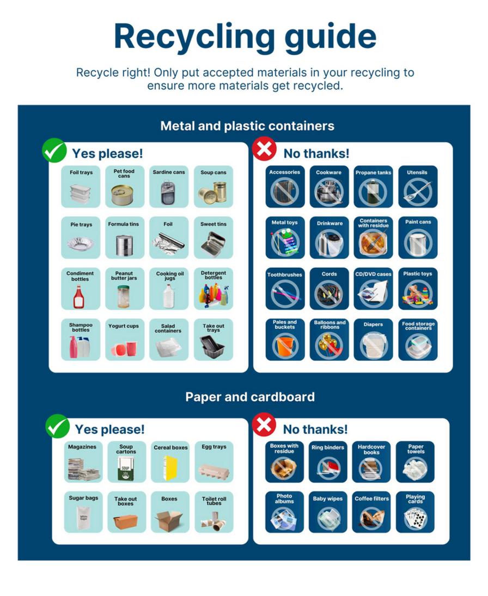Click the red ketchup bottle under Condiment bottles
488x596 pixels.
pyautogui.click(x=79, y=297)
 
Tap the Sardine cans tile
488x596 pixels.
pyautogui.click(x=169, y=186)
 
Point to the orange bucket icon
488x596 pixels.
pyautogui.click(x=285, y=346)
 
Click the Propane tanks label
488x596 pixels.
pyautogui.click(x=373, y=173)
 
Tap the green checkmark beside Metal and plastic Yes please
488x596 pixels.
pyautogui.click(x=54, y=150)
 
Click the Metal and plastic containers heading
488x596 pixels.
pyautogui.click(x=247, y=126)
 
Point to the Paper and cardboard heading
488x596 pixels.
pyautogui.click(x=250, y=397)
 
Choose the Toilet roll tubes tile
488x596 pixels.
pyautogui.click(x=213, y=512)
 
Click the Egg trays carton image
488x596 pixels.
pyautogui.click(x=214, y=471)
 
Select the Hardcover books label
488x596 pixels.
pyautogui.click(x=371, y=450)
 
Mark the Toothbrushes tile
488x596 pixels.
pyautogui.click(x=285, y=289)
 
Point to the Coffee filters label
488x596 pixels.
pyautogui.click(x=371, y=499)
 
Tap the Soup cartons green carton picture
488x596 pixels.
pyautogui.click(x=125, y=468)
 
